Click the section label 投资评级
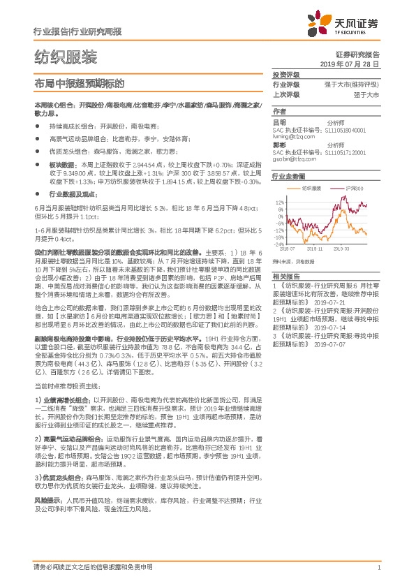pyautogui.click(x=285, y=74)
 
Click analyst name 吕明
pyautogui.click(x=278, y=122)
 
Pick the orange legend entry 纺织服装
pyautogui.click(x=311, y=189)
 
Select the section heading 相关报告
pyautogui.click(x=285, y=276)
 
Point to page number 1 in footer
pyautogui.click(x=378, y=568)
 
